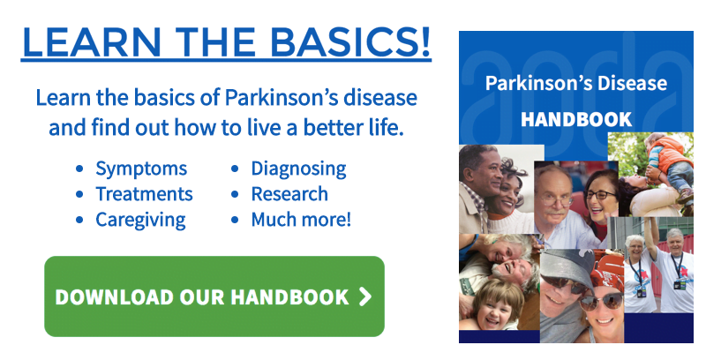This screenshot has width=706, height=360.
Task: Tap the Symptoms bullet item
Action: [x=141, y=169]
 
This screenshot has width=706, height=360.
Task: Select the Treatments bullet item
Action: [x=144, y=194]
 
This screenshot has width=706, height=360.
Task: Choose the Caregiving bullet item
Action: [x=140, y=220]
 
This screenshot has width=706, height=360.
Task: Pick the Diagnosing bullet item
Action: [x=298, y=169]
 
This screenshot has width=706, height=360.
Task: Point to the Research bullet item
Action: [x=289, y=194]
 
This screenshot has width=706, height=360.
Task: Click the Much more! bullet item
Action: [x=301, y=220]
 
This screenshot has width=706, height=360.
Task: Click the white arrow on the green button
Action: [x=365, y=297]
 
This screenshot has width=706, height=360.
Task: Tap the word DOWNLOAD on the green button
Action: [x=115, y=297]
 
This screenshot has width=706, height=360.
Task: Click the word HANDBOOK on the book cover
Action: [x=576, y=120]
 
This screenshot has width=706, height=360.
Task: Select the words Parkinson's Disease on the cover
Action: [x=576, y=83]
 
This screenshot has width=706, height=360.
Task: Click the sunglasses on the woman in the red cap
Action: [x=601, y=302]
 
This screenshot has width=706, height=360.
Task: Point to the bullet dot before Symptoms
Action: [x=79, y=169]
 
